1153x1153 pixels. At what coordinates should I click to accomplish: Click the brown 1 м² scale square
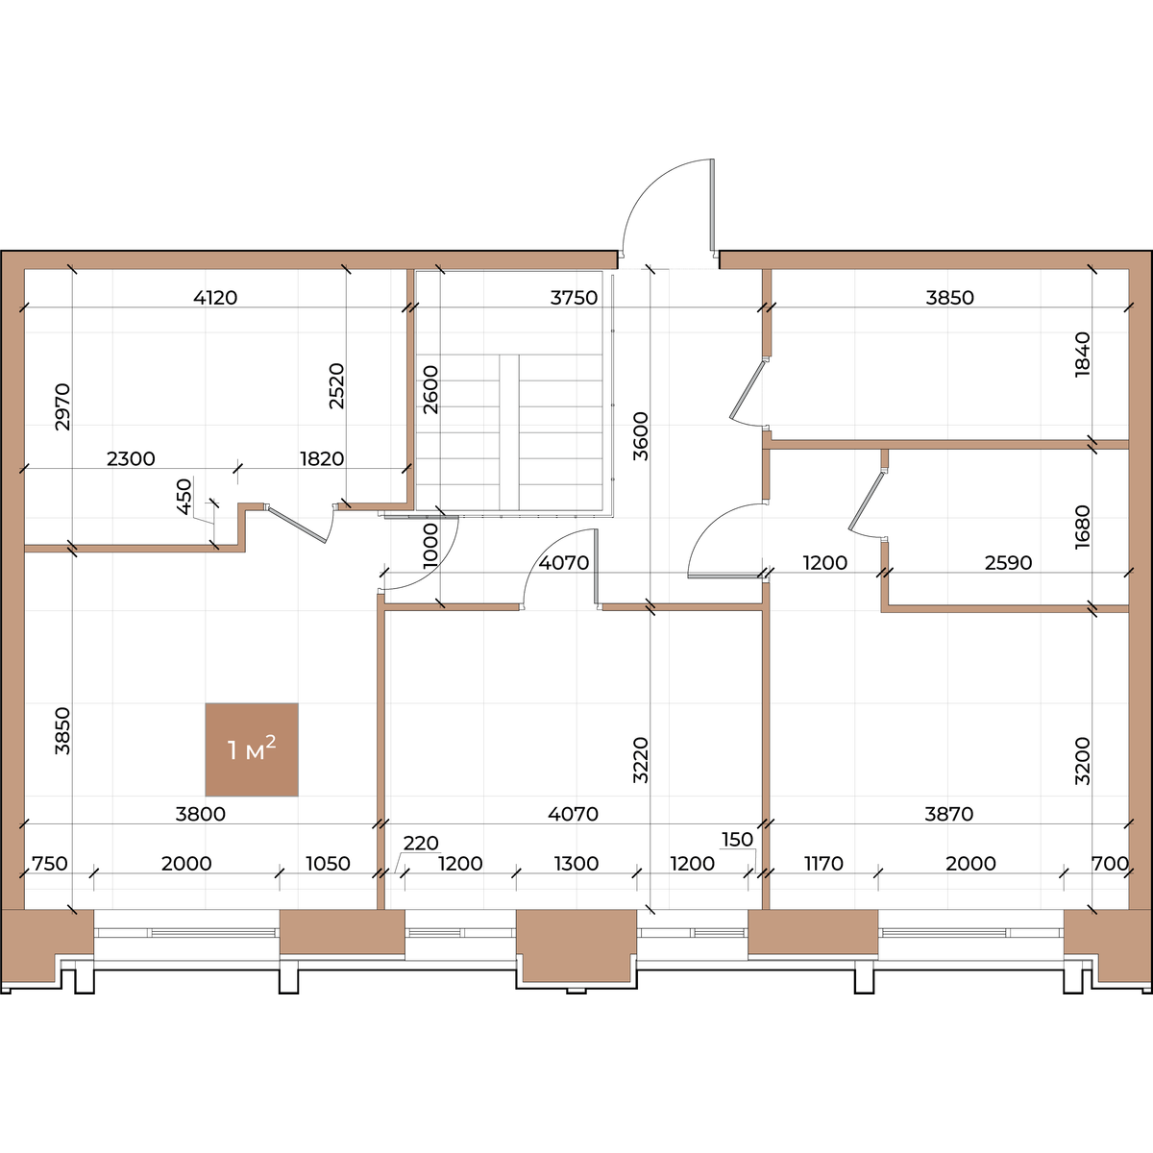(252, 749)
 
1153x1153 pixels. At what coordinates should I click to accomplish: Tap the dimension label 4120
(215, 297)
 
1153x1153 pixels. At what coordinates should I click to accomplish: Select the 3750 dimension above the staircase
(574, 297)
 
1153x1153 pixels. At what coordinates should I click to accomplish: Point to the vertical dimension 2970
(62, 406)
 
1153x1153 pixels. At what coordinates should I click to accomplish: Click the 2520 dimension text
(337, 386)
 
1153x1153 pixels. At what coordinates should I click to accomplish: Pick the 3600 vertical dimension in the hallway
(640, 436)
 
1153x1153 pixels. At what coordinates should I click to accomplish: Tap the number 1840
(1083, 355)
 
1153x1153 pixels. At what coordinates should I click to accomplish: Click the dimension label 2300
(131, 459)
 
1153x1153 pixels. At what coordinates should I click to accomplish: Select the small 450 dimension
(184, 497)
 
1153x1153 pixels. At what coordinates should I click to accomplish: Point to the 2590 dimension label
(1008, 562)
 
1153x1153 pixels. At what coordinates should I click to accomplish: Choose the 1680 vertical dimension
(1083, 527)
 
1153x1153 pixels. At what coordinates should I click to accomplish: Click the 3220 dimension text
(640, 760)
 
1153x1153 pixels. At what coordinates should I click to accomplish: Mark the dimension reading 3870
(949, 814)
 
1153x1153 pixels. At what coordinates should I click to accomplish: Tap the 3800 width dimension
(201, 814)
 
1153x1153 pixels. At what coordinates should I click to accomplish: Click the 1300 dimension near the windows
(576, 864)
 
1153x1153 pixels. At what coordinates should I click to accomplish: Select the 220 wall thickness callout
(421, 843)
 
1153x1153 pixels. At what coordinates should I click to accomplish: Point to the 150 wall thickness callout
(737, 840)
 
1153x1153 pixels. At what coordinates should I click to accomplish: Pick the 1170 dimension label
(823, 864)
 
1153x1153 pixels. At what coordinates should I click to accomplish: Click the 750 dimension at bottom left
(50, 864)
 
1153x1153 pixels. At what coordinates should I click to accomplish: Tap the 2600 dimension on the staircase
(430, 389)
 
